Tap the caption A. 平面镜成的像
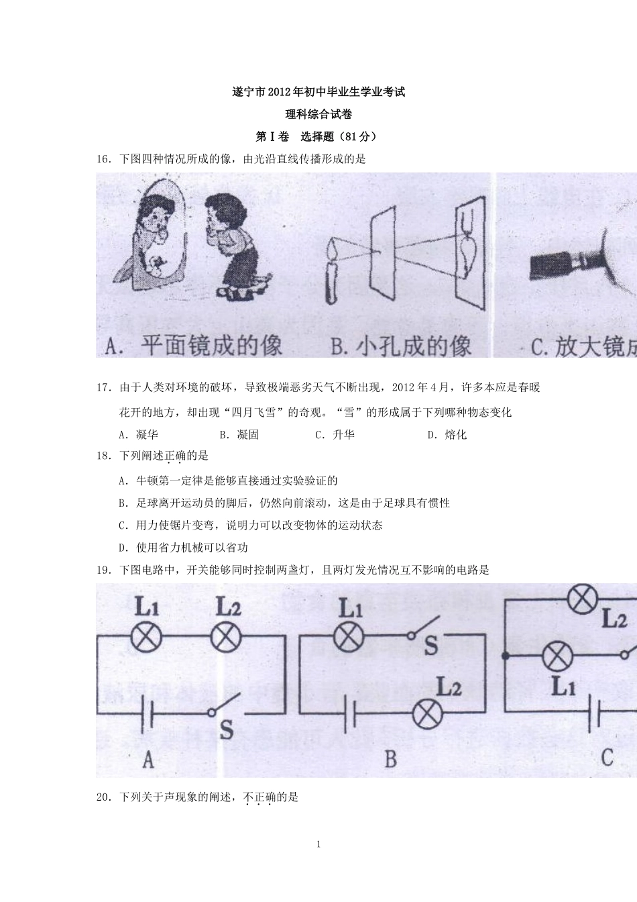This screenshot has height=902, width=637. (194, 346)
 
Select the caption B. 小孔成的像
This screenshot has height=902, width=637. (401, 346)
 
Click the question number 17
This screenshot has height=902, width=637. (103, 387)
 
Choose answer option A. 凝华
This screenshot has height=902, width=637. (138, 435)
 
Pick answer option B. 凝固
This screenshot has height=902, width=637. (239, 435)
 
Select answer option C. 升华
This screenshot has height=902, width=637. (335, 435)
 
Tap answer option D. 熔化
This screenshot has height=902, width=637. (447, 435)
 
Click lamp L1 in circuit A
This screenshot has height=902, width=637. (146, 636)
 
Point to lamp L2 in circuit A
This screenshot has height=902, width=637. (227, 636)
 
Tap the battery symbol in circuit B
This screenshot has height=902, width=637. (349, 714)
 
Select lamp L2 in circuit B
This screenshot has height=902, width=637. (428, 714)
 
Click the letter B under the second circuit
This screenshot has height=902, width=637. (391, 759)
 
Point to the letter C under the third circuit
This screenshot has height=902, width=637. (607, 758)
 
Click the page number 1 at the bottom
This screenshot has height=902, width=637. (318, 844)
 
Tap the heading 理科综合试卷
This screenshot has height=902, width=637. (318, 114)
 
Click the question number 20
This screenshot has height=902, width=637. (103, 797)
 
